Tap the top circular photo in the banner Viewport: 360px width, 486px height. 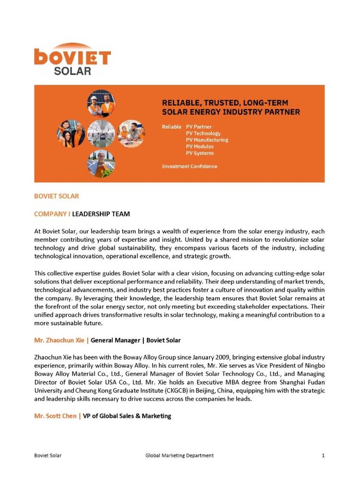point(101,104)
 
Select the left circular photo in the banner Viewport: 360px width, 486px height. point(71,133)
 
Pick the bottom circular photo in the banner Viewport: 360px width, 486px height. point(101,164)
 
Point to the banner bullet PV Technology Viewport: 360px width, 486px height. point(203,133)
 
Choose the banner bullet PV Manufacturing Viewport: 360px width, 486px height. point(207,140)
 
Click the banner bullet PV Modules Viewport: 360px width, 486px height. point(200,146)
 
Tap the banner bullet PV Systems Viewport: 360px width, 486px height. point(200,153)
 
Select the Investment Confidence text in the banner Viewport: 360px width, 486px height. point(189,166)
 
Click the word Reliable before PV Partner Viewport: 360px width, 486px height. point(172,127)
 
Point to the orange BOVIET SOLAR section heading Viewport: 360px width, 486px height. point(56,196)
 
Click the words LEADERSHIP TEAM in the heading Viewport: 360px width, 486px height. point(101,213)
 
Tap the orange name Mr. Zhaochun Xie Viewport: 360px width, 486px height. point(60,340)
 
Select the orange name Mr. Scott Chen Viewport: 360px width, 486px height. point(55,415)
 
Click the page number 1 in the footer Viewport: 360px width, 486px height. point(323,455)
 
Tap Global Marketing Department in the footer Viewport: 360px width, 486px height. point(180,455)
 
